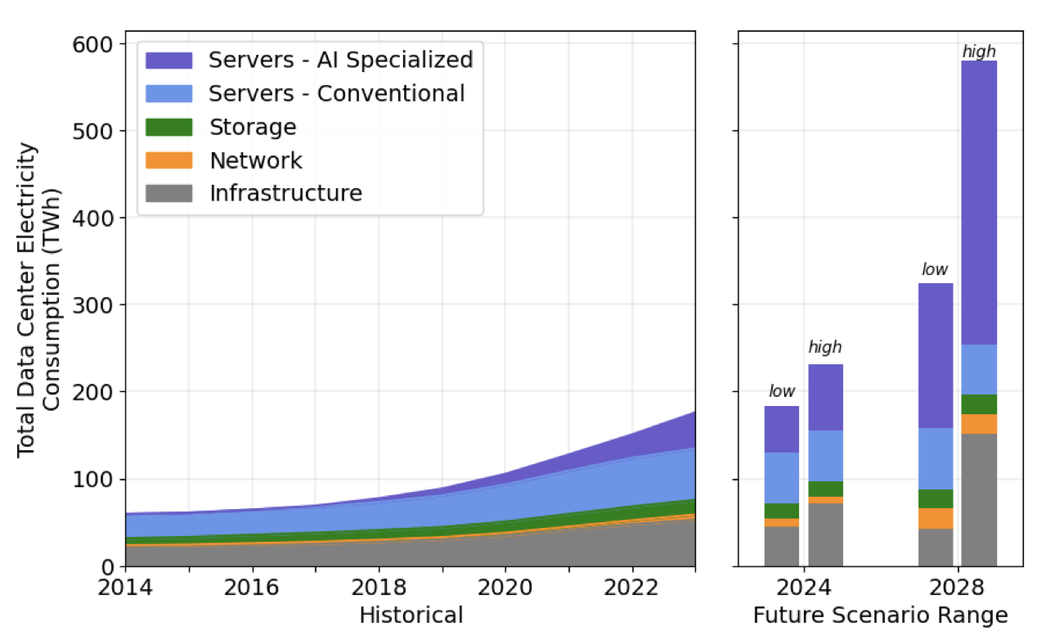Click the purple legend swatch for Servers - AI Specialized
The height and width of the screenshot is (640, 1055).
[168, 61]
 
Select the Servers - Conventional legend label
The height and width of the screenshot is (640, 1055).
[336, 93]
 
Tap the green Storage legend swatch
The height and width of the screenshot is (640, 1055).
[168, 127]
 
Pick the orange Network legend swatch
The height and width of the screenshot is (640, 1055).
[168, 160]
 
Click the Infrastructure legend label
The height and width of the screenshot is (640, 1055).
[285, 193]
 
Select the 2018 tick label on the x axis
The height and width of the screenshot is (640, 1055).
[379, 588]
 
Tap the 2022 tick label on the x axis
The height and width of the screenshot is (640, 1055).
[632, 588]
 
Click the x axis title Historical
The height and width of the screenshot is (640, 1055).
[411, 615]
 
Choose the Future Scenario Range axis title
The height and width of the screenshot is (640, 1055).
[880, 615]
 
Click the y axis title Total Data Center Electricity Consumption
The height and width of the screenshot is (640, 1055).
[38, 300]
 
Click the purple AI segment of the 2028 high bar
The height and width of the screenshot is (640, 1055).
[978, 202]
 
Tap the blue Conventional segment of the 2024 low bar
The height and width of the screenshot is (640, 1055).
[781, 477]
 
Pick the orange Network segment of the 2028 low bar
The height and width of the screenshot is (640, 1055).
[936, 518]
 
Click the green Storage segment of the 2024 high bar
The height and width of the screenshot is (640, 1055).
[825, 489]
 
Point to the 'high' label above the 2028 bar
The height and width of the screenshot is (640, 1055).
[978, 52]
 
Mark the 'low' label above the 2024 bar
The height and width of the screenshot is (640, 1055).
[781, 391]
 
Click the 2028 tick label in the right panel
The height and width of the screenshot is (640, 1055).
[957, 588]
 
